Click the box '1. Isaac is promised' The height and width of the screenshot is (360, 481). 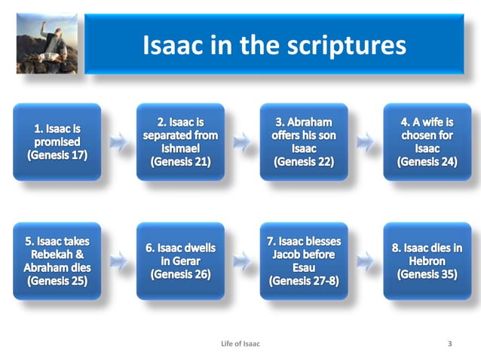coord(57,142)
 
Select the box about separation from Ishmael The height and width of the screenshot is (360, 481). coord(180,142)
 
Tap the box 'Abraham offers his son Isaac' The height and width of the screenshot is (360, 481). coord(304,142)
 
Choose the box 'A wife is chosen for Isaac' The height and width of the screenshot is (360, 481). coord(427,142)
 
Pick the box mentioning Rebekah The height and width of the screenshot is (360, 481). coord(57,261)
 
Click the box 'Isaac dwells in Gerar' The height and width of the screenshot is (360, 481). coord(180,261)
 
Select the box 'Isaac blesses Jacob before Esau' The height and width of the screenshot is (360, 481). coord(304,261)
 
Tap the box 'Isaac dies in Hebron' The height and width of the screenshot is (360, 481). coord(427,261)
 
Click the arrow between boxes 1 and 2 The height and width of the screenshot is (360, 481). coord(118,142)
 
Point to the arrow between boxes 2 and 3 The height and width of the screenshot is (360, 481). coord(242,142)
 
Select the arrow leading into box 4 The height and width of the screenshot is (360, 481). coord(365,142)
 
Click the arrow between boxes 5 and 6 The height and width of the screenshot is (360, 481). coord(118,261)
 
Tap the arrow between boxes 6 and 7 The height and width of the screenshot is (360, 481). coord(242,261)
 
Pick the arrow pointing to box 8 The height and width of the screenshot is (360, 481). coord(365,261)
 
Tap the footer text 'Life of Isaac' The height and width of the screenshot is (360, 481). coord(240,344)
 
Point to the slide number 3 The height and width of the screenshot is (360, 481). coord(450,344)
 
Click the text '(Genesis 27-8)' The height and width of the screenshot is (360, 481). coord(304,282)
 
